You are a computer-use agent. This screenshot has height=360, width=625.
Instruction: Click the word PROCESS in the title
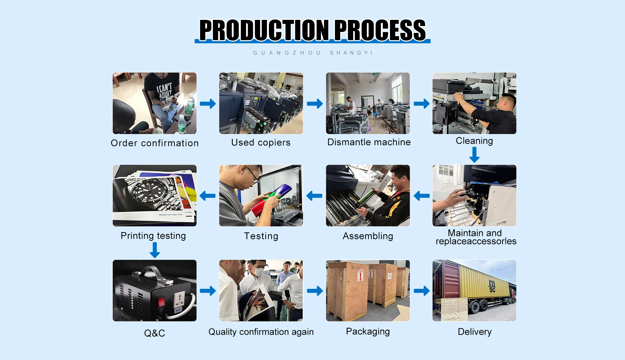(380, 30)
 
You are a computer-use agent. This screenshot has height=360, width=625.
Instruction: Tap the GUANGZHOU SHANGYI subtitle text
(312, 53)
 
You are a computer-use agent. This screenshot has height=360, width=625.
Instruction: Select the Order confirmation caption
(155, 143)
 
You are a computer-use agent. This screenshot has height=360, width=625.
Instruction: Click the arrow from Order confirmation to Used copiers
(208, 104)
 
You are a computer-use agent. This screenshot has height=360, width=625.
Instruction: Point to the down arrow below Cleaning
(474, 155)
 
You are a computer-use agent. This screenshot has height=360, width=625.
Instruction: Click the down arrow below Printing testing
(155, 250)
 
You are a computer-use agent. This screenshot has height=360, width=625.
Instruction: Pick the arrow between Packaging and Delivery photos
(422, 291)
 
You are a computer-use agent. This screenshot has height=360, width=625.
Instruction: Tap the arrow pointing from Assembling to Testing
(314, 196)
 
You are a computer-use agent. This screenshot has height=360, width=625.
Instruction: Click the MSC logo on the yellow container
(492, 286)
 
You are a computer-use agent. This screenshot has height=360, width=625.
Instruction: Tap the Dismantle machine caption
(369, 142)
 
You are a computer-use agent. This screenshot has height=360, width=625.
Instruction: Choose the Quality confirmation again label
(261, 332)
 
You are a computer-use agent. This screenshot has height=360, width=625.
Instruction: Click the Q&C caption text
(155, 333)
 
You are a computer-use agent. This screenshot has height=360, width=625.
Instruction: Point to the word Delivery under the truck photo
(475, 332)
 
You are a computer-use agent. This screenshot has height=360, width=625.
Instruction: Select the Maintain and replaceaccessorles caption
(476, 237)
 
